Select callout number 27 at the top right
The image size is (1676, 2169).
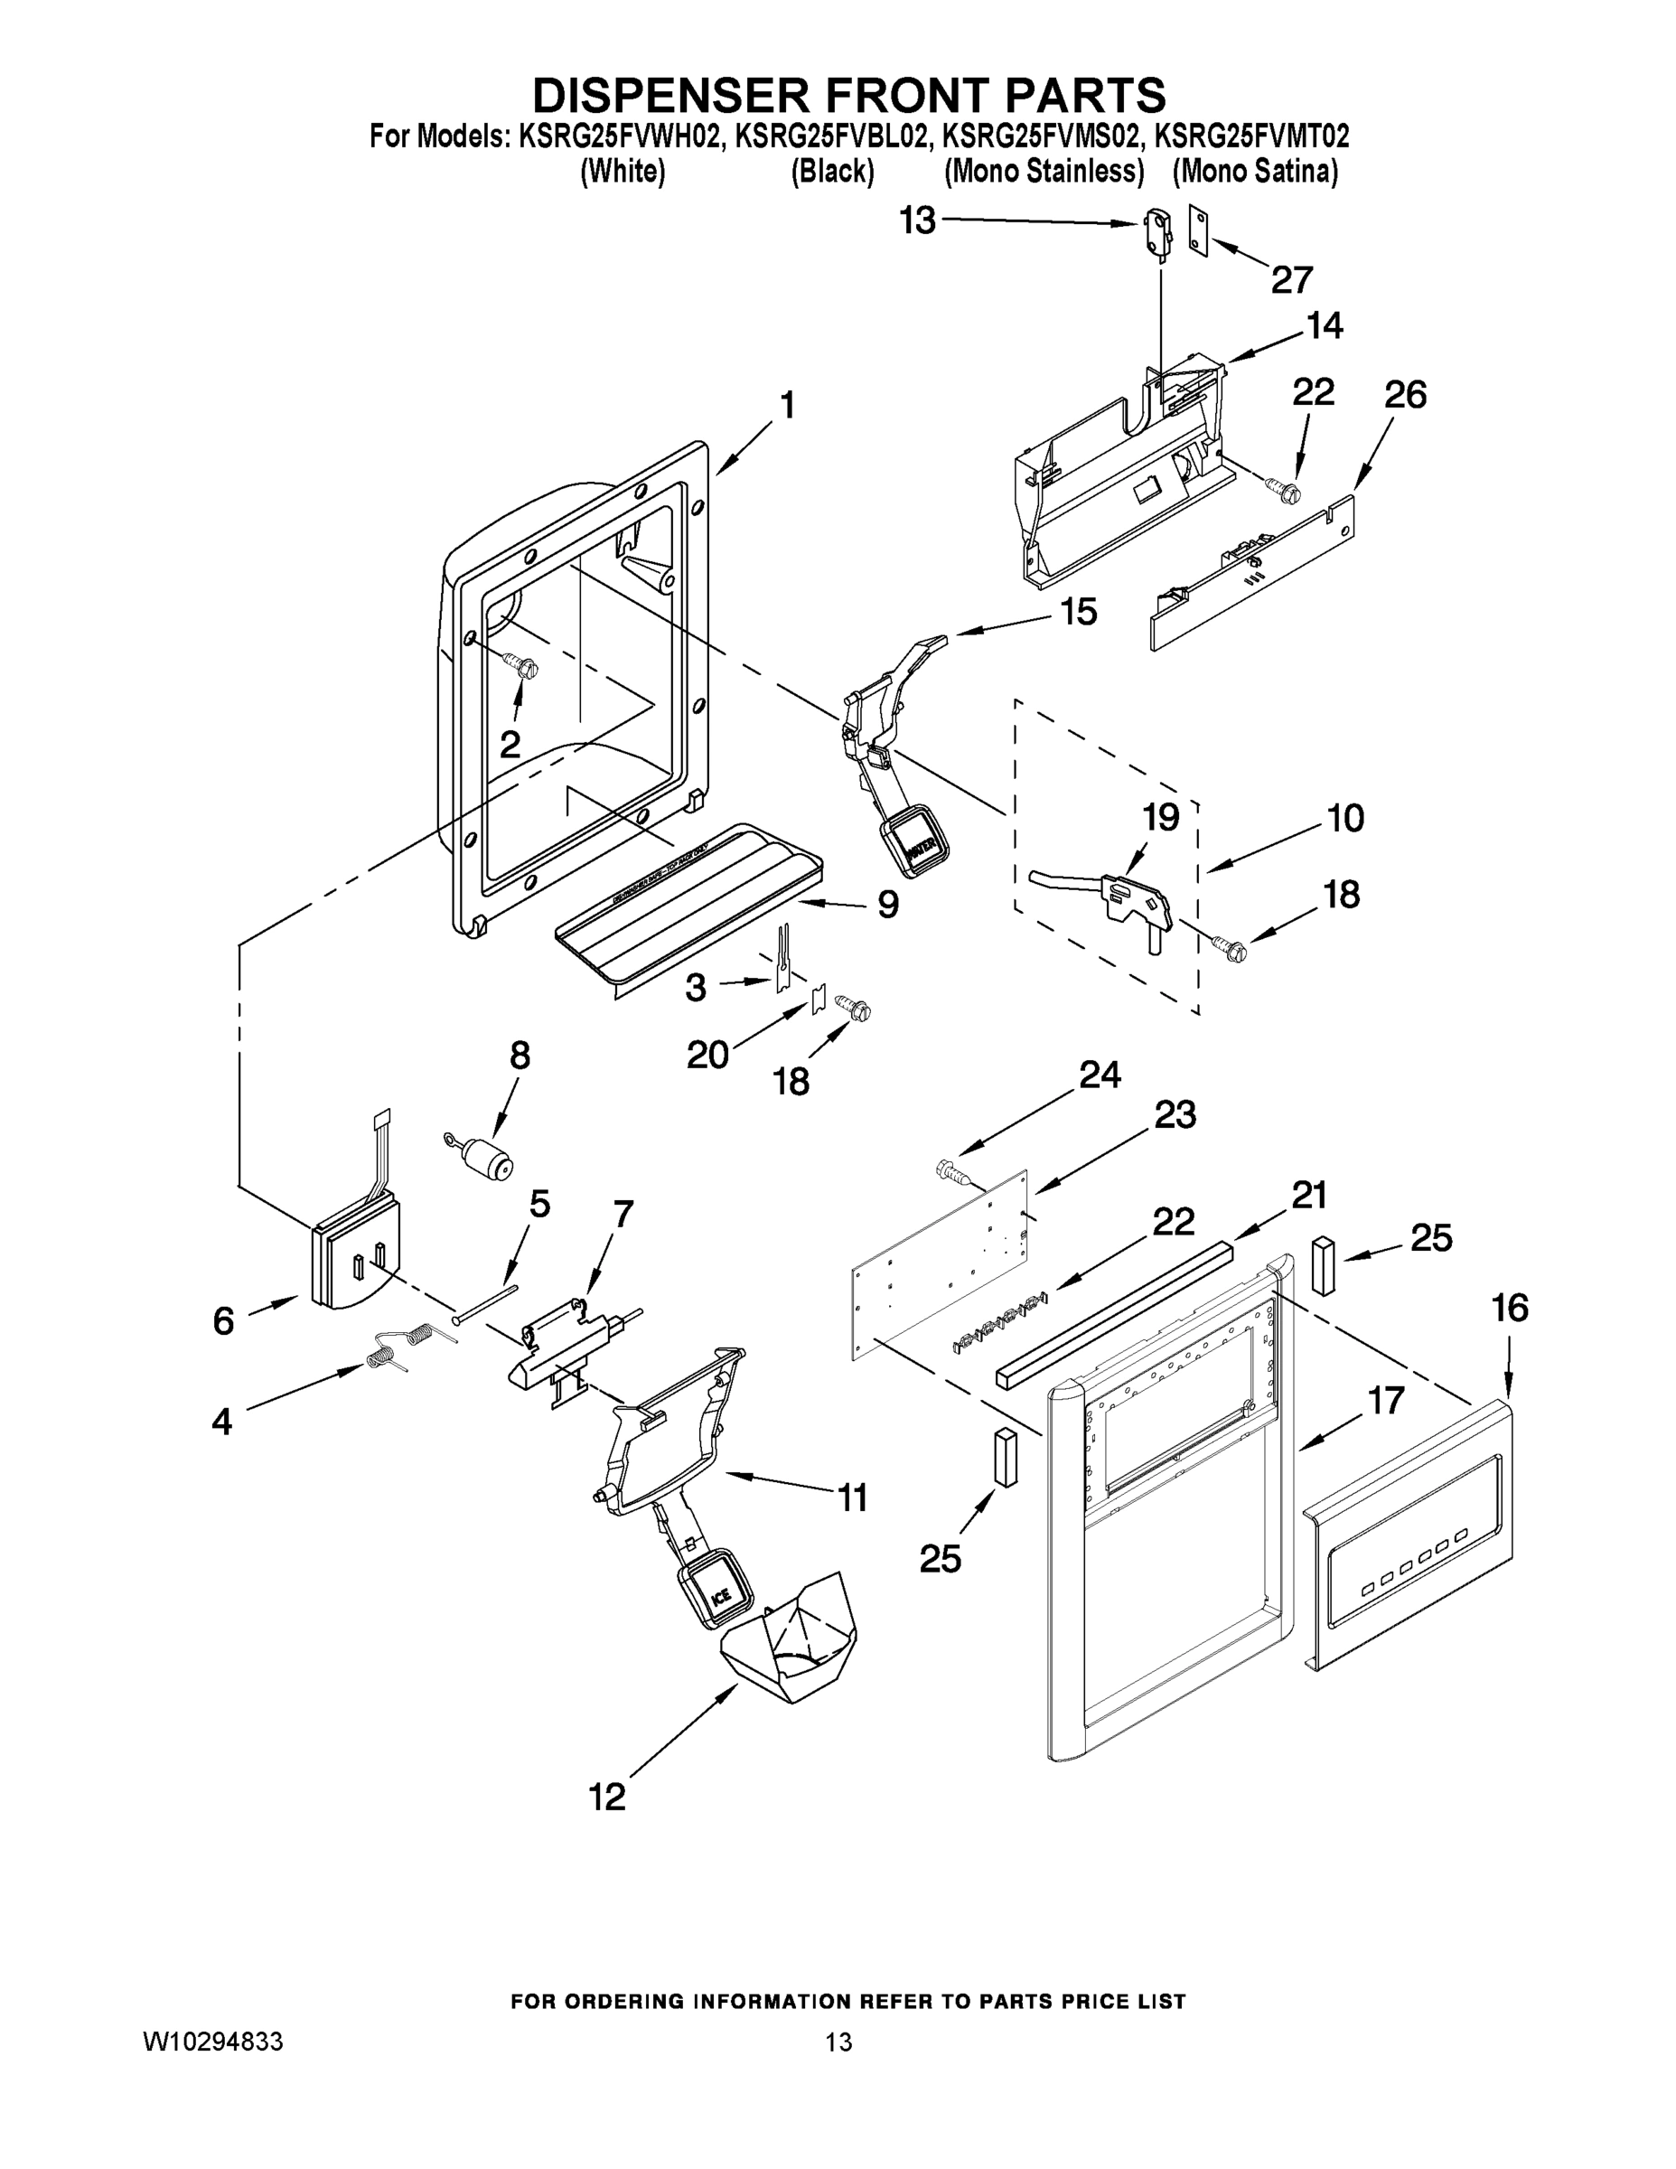click(x=1292, y=280)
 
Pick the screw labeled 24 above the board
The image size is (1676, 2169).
click(x=955, y=1175)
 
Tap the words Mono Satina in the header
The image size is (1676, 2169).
click(x=1255, y=172)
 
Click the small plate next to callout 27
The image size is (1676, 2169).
click(x=1201, y=231)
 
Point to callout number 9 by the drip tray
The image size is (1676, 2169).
click(x=887, y=905)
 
